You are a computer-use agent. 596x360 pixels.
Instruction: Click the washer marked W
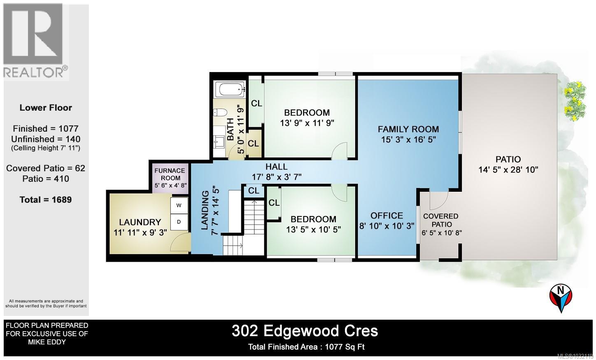click(179, 205)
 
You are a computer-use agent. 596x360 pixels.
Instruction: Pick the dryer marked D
click(179, 222)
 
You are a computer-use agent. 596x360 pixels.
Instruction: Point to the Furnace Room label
click(170, 174)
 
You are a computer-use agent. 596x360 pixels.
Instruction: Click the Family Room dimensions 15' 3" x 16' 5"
click(408, 139)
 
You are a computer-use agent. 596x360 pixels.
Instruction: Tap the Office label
click(386, 215)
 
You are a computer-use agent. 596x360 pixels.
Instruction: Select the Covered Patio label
click(440, 220)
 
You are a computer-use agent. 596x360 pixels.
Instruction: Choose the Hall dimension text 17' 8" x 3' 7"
click(277, 177)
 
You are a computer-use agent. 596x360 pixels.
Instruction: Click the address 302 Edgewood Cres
click(305, 330)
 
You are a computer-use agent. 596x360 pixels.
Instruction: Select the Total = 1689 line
click(46, 200)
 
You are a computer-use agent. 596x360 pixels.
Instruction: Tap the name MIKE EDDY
click(46, 342)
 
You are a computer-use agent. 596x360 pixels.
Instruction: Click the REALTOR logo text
click(35, 72)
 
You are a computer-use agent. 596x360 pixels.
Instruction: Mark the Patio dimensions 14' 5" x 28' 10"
click(508, 170)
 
